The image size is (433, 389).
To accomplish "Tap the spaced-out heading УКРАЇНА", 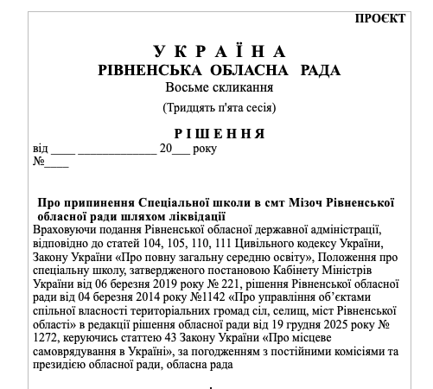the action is (220, 52).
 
